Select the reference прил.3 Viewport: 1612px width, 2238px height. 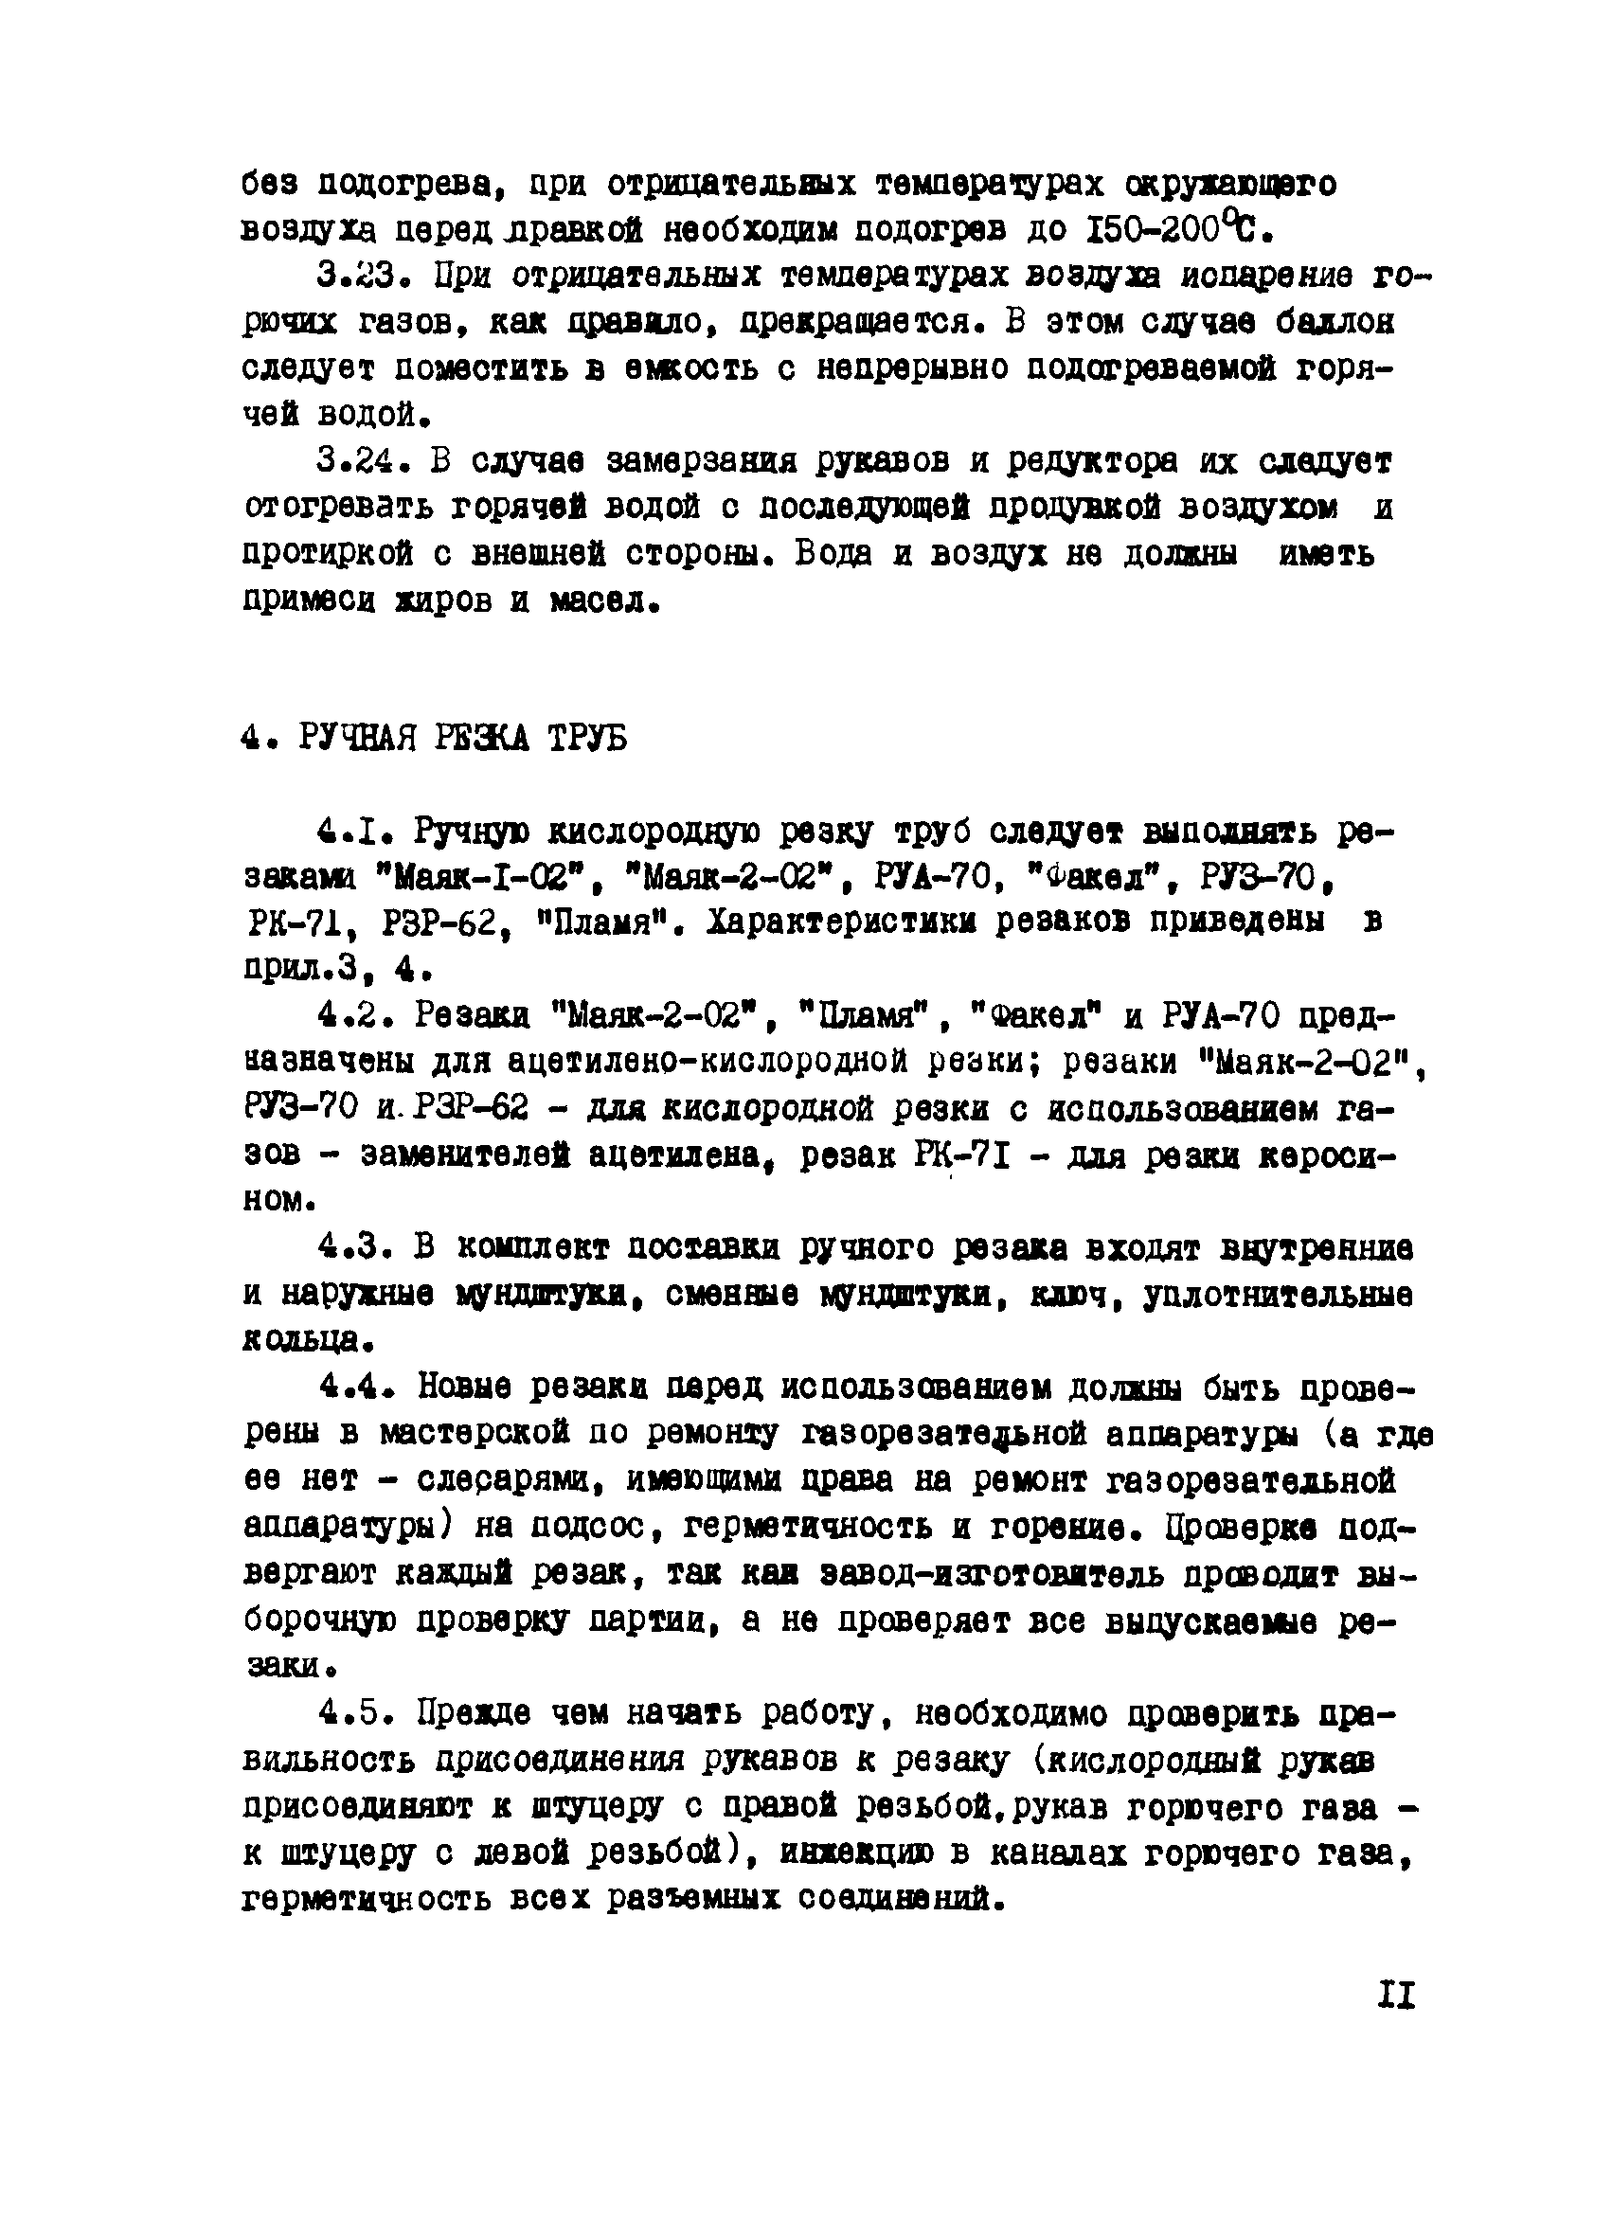click(x=303, y=969)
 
